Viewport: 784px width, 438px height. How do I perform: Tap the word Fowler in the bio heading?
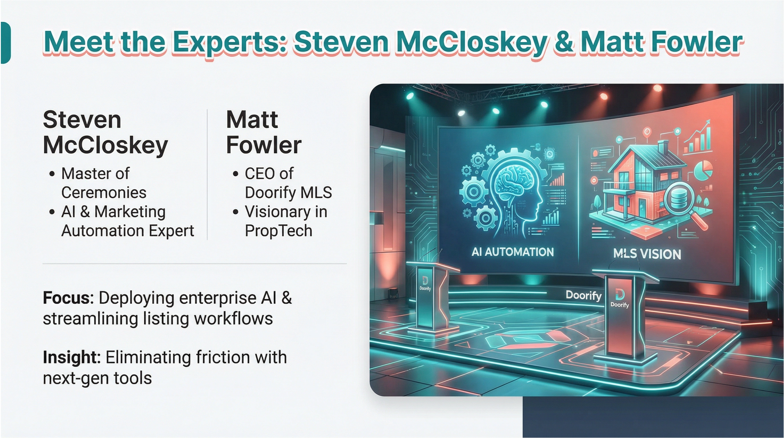(x=264, y=145)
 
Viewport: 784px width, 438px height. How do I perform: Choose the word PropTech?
(x=278, y=231)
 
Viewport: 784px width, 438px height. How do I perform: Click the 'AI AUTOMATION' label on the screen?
(x=513, y=252)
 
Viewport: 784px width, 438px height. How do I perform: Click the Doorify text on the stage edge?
(x=583, y=295)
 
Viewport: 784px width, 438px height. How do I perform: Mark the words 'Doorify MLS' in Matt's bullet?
(x=288, y=193)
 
